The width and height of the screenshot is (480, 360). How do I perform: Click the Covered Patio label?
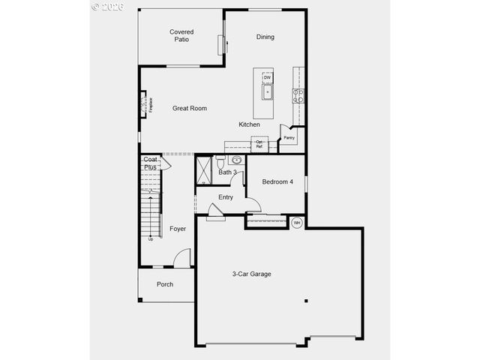tap(181, 35)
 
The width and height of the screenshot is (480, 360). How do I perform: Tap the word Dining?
tap(265, 37)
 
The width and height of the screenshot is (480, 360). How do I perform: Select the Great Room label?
tap(189, 109)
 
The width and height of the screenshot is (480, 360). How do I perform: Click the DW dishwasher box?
tap(267, 77)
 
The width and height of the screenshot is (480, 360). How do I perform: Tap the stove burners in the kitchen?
tap(298, 95)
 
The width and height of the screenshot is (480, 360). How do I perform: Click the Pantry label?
tap(289, 138)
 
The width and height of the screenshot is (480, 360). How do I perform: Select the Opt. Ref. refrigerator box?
tap(259, 144)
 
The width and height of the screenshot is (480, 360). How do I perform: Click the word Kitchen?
tap(250, 124)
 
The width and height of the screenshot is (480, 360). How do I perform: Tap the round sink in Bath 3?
tap(237, 160)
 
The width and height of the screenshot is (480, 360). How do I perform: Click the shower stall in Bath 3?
tap(204, 169)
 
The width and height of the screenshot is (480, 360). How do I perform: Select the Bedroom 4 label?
tap(277, 182)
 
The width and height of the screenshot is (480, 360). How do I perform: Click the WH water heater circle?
tap(296, 222)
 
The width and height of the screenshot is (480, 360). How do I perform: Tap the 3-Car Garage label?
tap(251, 274)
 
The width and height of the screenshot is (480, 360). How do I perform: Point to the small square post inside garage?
tap(306, 301)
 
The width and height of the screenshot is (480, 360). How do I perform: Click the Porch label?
tap(165, 284)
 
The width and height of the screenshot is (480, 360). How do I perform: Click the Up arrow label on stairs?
tap(151, 239)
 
